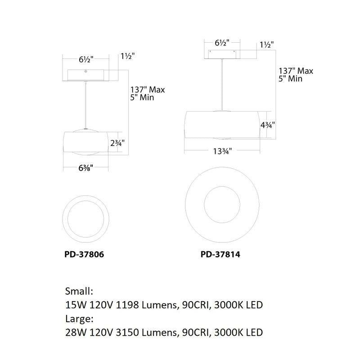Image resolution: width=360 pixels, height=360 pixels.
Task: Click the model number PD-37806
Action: pos(84,254)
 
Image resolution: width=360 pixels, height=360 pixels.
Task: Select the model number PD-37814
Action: pos(220,254)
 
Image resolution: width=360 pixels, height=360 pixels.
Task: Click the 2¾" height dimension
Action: pos(117,143)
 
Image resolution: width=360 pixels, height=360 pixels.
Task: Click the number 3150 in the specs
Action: pos(128,333)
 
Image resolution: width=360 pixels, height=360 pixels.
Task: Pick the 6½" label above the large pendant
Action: pos(221,44)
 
